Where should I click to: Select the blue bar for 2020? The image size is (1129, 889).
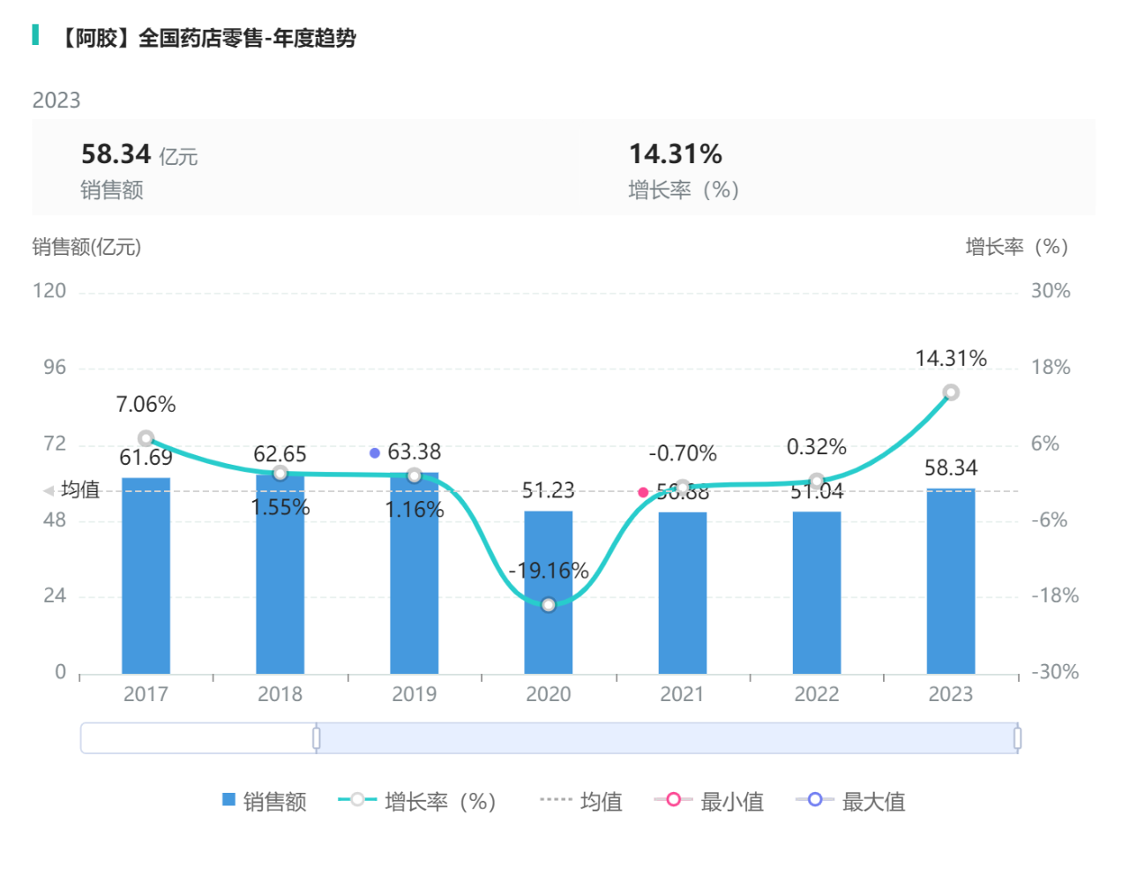(548, 593)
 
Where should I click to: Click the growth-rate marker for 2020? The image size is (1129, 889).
(549, 605)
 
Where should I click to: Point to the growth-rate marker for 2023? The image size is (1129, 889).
(950, 392)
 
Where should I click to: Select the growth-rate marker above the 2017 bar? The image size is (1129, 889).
(146, 438)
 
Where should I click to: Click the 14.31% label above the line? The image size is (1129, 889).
(950, 359)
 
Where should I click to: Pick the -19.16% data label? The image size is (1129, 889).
(548, 571)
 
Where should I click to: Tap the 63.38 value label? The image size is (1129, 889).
(414, 452)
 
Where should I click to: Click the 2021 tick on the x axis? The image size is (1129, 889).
(682, 694)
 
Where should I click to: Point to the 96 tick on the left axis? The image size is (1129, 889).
(55, 368)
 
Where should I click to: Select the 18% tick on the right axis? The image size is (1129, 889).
(1050, 368)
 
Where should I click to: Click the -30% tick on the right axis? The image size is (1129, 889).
(1055, 672)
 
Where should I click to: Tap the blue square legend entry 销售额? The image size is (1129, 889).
(264, 802)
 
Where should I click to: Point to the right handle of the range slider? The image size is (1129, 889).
(1017, 738)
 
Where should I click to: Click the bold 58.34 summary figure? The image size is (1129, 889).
(116, 154)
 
